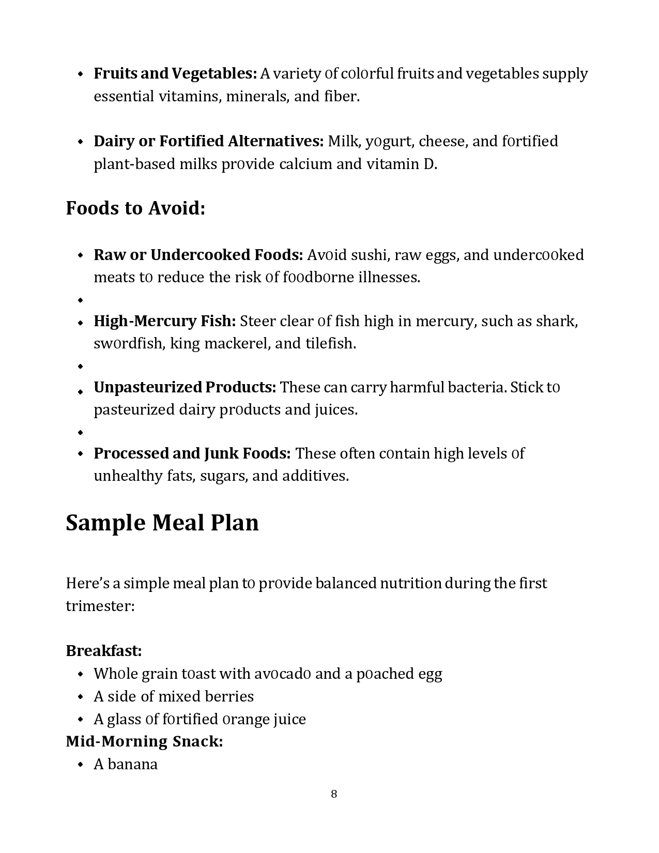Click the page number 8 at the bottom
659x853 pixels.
[334, 794]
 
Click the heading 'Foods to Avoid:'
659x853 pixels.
[135, 208]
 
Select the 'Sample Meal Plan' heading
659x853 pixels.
[162, 523]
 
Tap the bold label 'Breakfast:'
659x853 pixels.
[104, 650]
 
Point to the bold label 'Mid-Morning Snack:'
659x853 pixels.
[144, 741]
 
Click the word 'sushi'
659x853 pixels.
[369, 255]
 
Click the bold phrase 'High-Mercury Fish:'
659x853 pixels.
[165, 321]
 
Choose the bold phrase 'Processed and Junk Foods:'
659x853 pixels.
[192, 453]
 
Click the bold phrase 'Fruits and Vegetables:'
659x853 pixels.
[175, 73]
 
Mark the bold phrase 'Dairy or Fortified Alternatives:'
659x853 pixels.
[209, 141]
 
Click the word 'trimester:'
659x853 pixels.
[100, 606]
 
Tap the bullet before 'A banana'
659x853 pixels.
[80, 765]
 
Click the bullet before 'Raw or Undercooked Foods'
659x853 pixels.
[80, 255]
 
